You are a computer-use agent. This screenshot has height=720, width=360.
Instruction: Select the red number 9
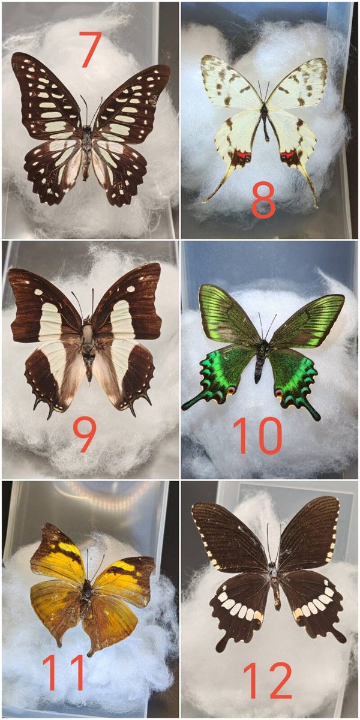point(84,435)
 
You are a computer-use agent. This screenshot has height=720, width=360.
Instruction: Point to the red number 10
point(257,435)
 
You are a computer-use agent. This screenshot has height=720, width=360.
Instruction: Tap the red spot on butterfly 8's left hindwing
point(242,155)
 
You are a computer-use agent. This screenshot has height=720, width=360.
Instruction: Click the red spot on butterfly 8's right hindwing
point(287,155)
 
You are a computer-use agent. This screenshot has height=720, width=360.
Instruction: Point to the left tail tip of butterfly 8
point(203,202)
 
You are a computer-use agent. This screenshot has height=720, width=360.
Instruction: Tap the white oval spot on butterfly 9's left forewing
point(38,292)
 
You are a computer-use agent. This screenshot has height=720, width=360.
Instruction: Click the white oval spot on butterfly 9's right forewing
point(131,289)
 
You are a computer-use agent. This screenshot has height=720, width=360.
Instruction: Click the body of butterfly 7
point(86,151)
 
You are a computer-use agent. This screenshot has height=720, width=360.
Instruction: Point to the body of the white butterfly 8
point(265,122)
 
